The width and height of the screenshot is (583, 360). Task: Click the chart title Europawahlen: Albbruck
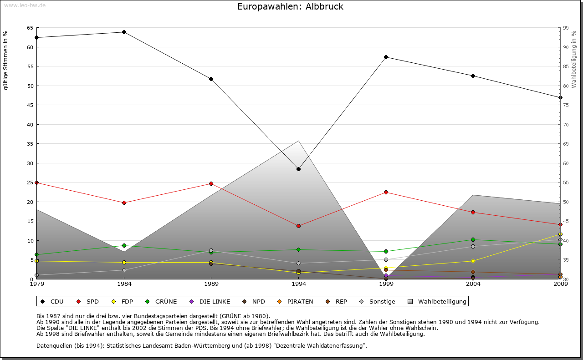(290, 7)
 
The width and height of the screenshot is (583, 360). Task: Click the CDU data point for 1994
(298, 169)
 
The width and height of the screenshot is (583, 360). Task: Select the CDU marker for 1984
(124, 32)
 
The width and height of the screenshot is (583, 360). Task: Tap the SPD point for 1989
(211, 183)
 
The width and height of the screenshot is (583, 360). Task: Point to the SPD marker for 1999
(386, 192)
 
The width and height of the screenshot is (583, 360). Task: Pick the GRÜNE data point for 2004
(473, 239)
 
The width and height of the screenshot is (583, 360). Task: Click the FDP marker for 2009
(560, 234)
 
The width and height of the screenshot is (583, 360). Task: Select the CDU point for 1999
(386, 57)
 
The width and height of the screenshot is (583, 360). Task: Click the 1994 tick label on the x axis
(298, 284)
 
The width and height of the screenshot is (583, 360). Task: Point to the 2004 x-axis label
(473, 284)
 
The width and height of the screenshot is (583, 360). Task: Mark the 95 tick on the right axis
(566, 28)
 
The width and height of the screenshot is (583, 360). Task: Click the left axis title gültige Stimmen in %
(6, 60)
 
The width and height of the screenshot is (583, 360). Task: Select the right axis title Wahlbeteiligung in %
(574, 60)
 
